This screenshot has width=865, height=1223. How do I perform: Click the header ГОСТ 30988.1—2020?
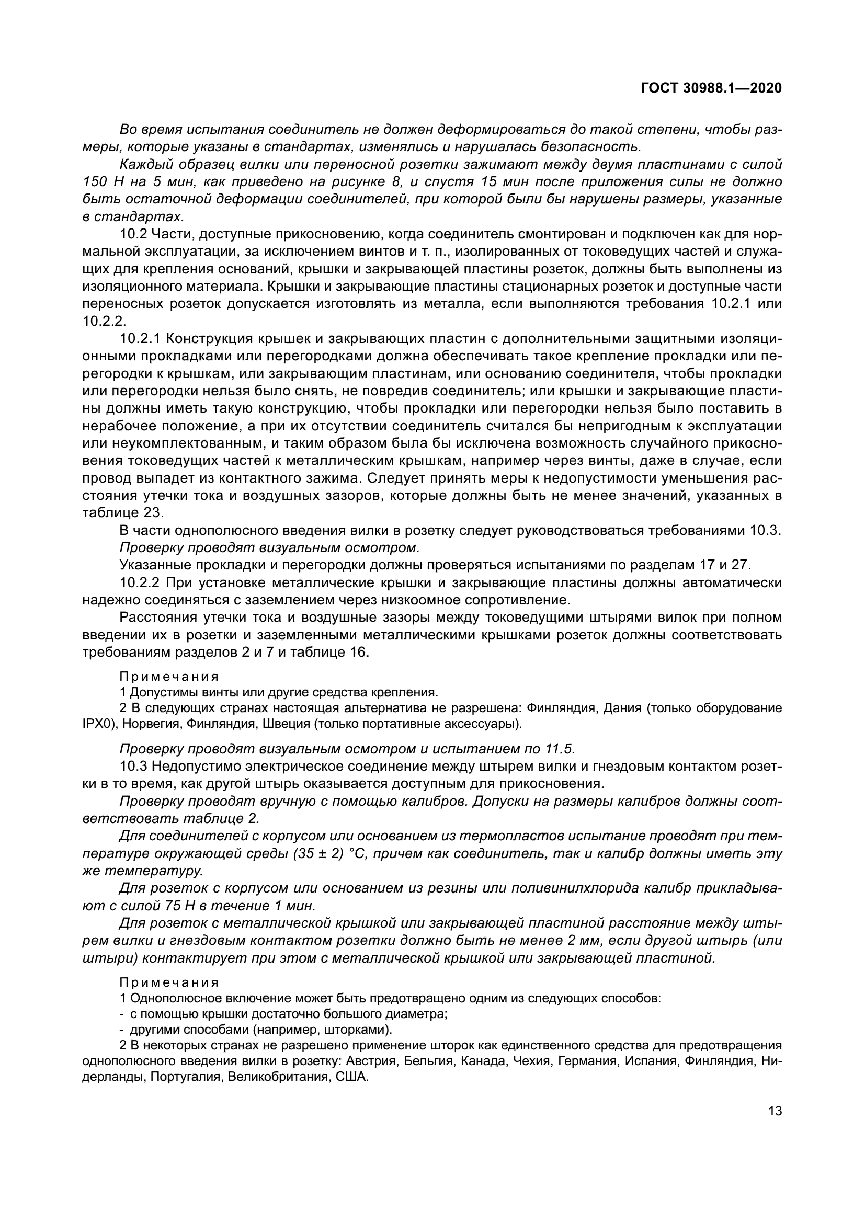pyautogui.click(x=711, y=88)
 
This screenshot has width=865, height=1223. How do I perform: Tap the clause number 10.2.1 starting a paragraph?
pyautogui.click(x=140, y=339)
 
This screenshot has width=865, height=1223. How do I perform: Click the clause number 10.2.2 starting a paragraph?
pyautogui.click(x=140, y=582)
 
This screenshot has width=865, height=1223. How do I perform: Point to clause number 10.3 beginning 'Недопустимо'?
pyautogui.click(x=133, y=767)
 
